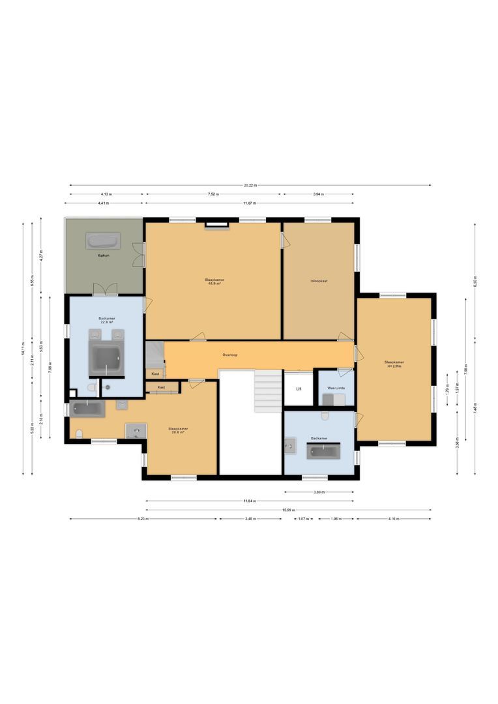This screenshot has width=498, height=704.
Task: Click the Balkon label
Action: pyautogui.click(x=103, y=256)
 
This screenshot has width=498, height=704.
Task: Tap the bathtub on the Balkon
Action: pyautogui.click(x=103, y=241)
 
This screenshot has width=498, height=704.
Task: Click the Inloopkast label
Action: pyautogui.click(x=319, y=281)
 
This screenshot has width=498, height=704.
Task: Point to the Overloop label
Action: pyautogui.click(x=229, y=355)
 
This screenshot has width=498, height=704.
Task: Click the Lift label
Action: pyautogui.click(x=299, y=389)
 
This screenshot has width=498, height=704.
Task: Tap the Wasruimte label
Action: pyautogui.click(x=336, y=387)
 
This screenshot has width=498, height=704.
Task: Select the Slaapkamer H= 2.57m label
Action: pyautogui.click(x=394, y=364)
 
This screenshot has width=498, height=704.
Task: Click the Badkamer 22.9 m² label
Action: pyautogui.click(x=106, y=320)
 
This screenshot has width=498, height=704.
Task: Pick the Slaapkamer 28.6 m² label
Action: pyautogui.click(x=177, y=430)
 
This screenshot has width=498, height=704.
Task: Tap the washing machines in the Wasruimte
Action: pyautogui.click(x=336, y=400)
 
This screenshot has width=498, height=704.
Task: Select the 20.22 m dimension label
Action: pyautogui.click(x=250, y=185)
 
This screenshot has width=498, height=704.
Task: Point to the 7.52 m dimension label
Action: pyautogui.click(x=213, y=194)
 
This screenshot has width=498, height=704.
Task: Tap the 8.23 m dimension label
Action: pyautogui.click(x=143, y=519)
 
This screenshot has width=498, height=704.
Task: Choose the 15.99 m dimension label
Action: pyautogui.click(x=288, y=510)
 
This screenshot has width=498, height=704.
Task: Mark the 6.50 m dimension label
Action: pyautogui.click(x=475, y=284)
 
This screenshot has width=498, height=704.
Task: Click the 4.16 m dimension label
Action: pyautogui.click(x=394, y=519)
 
